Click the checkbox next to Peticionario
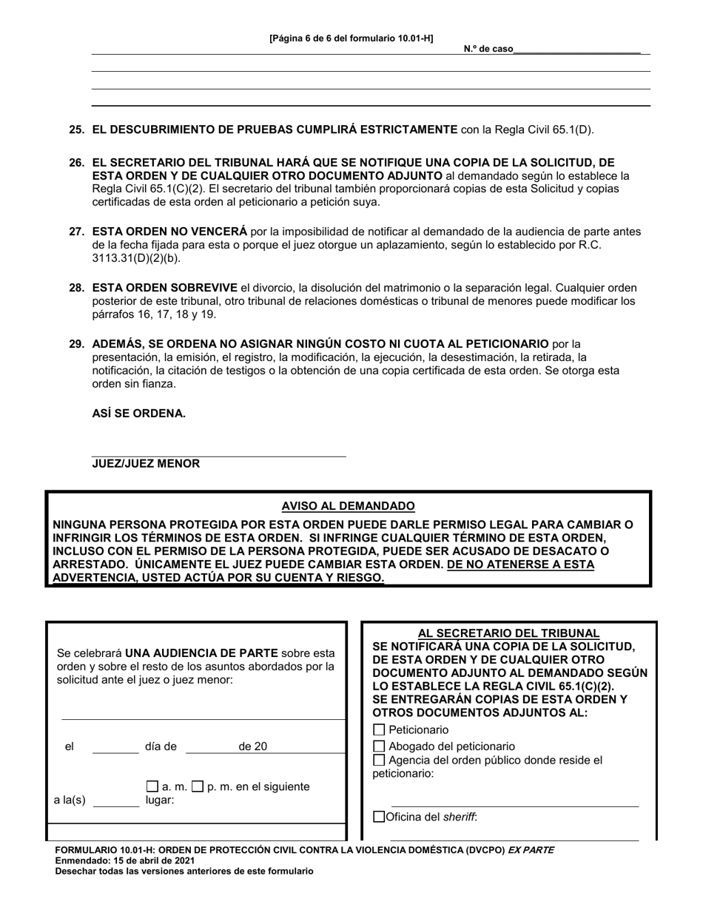tap(380, 730)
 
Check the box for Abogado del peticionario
tap(380, 746)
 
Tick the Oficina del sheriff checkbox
tap(380, 818)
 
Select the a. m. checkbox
tap(152, 786)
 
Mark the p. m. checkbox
tap(198, 786)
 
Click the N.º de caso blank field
tap(576, 49)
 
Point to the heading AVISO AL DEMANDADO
tap(348, 507)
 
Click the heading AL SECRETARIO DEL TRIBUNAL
tap(508, 633)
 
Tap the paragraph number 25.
tap(76, 129)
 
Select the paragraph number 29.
tap(76, 344)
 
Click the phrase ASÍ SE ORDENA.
tap(138, 414)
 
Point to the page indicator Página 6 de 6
tap(351, 38)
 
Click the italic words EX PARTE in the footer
tap(531, 850)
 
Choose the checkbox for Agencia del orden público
tap(380, 760)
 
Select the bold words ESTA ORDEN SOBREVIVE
tap(164, 288)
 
